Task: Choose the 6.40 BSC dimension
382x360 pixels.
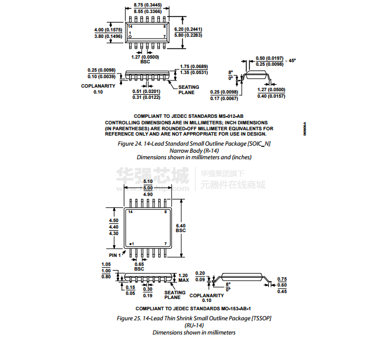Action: [x=181, y=229]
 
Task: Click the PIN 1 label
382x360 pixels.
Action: [x=115, y=255]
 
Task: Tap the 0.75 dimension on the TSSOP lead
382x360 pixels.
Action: [x=282, y=279]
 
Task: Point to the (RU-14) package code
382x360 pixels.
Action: [x=194, y=325]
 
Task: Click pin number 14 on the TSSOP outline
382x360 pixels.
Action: [x=130, y=211]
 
